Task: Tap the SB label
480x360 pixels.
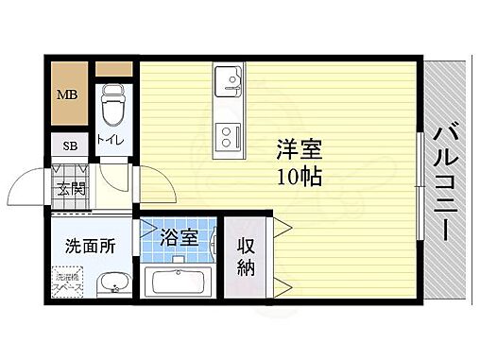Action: [x=70, y=146]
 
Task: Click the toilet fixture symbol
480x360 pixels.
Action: [x=113, y=105]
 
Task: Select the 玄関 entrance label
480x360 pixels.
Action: [x=71, y=188]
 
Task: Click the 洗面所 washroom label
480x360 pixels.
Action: [x=90, y=247]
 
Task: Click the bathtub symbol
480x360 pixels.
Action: [x=180, y=283]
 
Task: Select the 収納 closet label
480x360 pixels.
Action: [x=247, y=254]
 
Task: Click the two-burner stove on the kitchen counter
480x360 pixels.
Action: [x=229, y=138]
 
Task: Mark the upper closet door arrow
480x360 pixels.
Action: [x=281, y=225]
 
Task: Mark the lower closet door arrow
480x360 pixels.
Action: [x=281, y=285]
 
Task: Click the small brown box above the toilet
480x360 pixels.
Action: [x=113, y=69]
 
